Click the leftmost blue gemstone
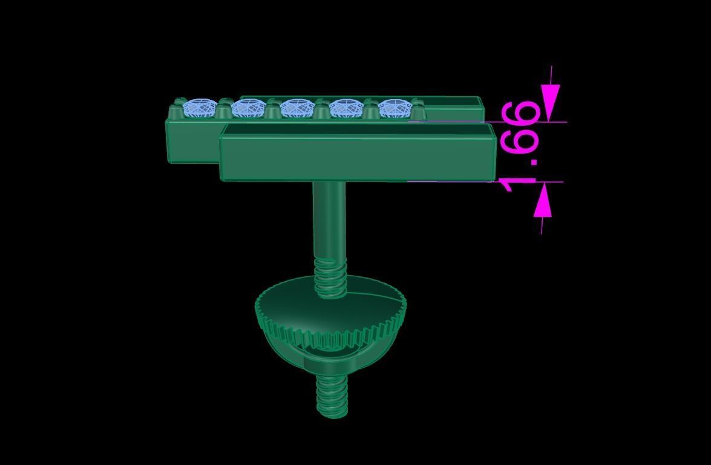tap(199, 108)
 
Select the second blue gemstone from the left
tap(247, 109)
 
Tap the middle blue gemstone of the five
tap(297, 109)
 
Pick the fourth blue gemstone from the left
tap(346, 109)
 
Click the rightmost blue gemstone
tap(395, 109)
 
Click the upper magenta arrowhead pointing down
tap(551, 103)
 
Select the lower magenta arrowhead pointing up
tap(543, 200)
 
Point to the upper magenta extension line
tap(532, 122)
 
